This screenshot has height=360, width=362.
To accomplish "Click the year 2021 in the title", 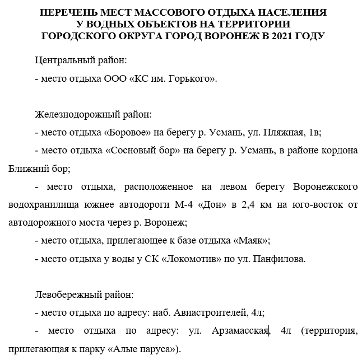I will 282,36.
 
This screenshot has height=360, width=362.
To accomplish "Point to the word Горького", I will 193,79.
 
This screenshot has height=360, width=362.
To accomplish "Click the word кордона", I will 336,151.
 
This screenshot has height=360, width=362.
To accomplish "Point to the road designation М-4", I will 185,205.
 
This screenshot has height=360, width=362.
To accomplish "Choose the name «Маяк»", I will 249,240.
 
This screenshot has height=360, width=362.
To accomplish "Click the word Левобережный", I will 68,294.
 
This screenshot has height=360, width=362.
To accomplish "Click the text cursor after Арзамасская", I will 270,330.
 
